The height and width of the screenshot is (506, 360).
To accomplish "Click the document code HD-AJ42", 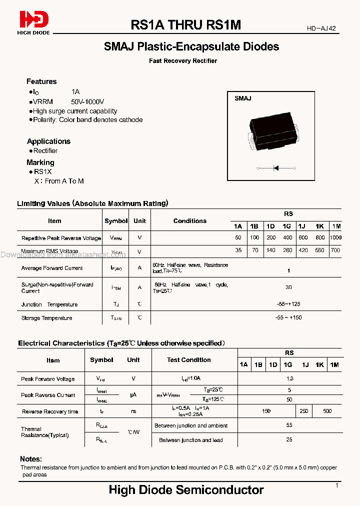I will [x=321, y=28].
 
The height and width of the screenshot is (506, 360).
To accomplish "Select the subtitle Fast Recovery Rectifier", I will [x=183, y=61].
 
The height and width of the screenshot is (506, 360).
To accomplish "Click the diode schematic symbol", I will [x=274, y=168].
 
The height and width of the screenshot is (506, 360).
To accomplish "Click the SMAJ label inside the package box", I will [x=243, y=98].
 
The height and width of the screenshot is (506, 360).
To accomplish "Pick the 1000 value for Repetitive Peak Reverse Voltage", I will [x=335, y=238].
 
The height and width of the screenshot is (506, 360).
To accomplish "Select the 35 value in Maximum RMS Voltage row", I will [x=238, y=250].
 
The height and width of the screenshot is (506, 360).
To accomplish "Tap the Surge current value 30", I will [x=288, y=287].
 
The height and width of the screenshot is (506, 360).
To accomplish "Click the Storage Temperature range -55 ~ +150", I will [x=288, y=317].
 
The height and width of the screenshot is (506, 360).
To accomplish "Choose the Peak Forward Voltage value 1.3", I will [x=289, y=379].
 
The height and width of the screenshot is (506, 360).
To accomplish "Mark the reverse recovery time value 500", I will [x=327, y=411].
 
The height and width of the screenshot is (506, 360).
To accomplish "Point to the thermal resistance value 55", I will [x=289, y=425].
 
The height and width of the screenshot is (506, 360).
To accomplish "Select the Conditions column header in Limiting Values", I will [x=190, y=220].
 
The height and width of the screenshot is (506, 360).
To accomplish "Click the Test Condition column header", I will [x=188, y=360].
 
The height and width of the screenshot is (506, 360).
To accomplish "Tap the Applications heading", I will [x=48, y=141].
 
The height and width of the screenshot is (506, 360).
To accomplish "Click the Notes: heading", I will [x=31, y=459].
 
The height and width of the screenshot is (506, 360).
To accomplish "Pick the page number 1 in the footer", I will [x=337, y=485].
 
